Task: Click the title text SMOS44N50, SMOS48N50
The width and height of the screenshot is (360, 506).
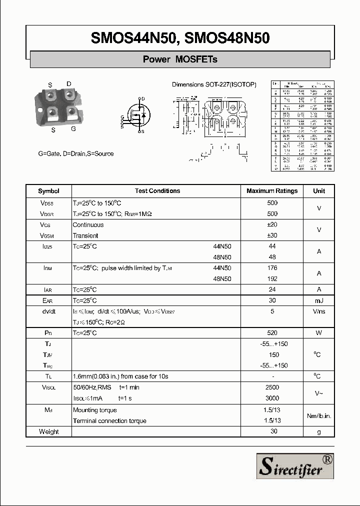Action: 180,38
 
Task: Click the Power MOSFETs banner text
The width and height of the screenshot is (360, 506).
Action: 180,59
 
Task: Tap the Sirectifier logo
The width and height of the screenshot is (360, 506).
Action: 295,466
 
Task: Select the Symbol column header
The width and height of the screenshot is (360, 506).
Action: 48,191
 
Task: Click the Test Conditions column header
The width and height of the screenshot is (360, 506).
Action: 157,191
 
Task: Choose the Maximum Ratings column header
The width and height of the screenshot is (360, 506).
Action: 272,191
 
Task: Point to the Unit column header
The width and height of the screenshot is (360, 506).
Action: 319,191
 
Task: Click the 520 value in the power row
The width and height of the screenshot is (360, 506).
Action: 272,333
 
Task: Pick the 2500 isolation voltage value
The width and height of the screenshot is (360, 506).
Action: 272,387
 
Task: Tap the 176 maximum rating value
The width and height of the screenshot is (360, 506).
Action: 272,268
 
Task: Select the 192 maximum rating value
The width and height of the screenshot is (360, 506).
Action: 272,279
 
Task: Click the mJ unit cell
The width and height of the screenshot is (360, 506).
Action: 319,300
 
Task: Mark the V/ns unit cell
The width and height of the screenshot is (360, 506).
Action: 319,311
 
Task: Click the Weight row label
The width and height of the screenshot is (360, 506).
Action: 48,431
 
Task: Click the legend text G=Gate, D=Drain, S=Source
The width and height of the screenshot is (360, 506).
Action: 76,153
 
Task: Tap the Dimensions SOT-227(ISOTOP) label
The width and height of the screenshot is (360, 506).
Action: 214,84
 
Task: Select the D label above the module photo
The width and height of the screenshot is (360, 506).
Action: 69,84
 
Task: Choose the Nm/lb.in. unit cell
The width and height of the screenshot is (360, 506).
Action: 319,415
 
